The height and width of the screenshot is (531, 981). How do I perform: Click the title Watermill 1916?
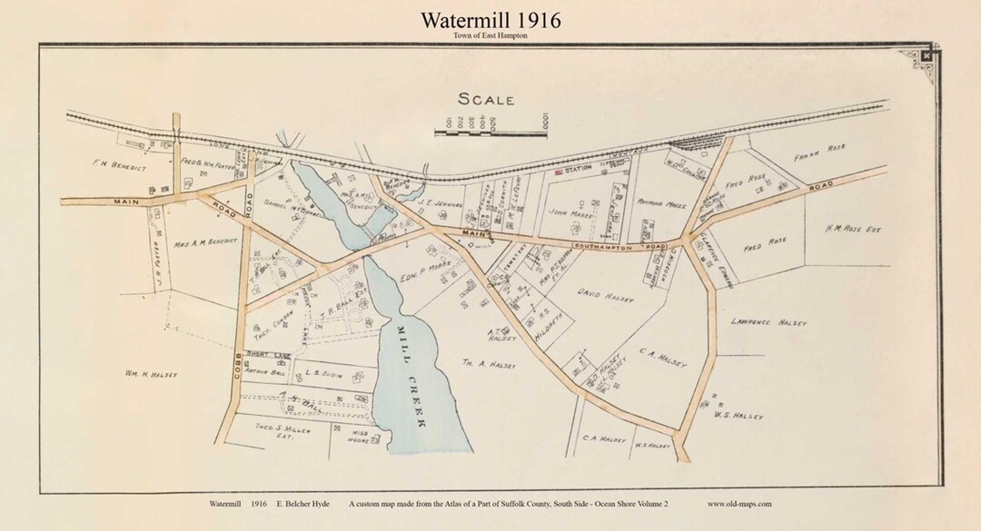coord(490,19)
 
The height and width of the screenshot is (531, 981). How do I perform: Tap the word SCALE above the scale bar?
coord(486,100)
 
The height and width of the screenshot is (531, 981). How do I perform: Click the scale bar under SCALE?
coord(491,133)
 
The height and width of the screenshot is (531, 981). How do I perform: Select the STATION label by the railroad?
coord(578,168)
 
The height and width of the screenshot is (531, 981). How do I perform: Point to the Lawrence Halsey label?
coord(768,322)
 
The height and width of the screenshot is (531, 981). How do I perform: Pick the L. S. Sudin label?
coord(322,371)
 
